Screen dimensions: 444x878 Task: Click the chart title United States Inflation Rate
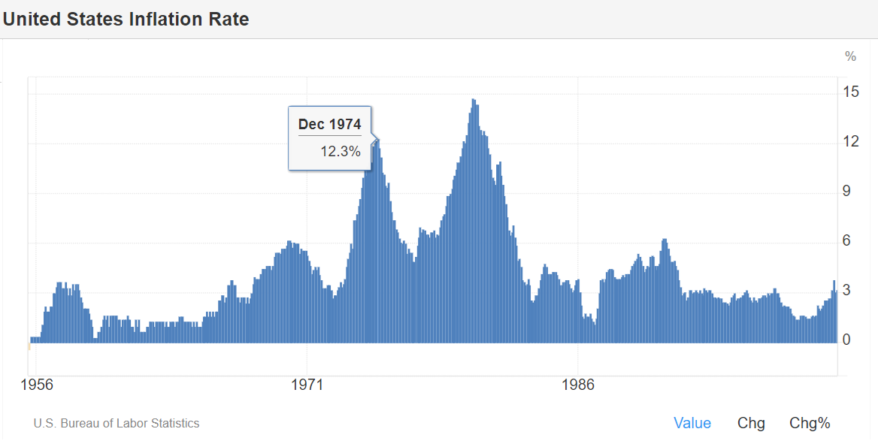[x=126, y=20]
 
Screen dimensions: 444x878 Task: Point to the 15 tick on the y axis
[x=851, y=92]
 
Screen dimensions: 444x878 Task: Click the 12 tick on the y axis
[x=851, y=142]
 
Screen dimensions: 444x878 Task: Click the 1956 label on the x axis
[x=37, y=386]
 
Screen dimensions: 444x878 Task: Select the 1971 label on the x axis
[x=307, y=386]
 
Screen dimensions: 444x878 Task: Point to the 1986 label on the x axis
[x=577, y=386]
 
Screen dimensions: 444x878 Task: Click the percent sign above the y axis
[x=850, y=56]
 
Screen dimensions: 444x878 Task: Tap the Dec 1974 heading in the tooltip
[x=329, y=124]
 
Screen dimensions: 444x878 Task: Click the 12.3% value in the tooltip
[x=341, y=152]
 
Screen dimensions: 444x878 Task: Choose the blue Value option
[x=692, y=423]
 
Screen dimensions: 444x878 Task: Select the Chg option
[x=751, y=423]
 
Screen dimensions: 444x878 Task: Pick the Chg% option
[x=810, y=423]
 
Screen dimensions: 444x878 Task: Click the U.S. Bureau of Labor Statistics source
[x=117, y=424]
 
